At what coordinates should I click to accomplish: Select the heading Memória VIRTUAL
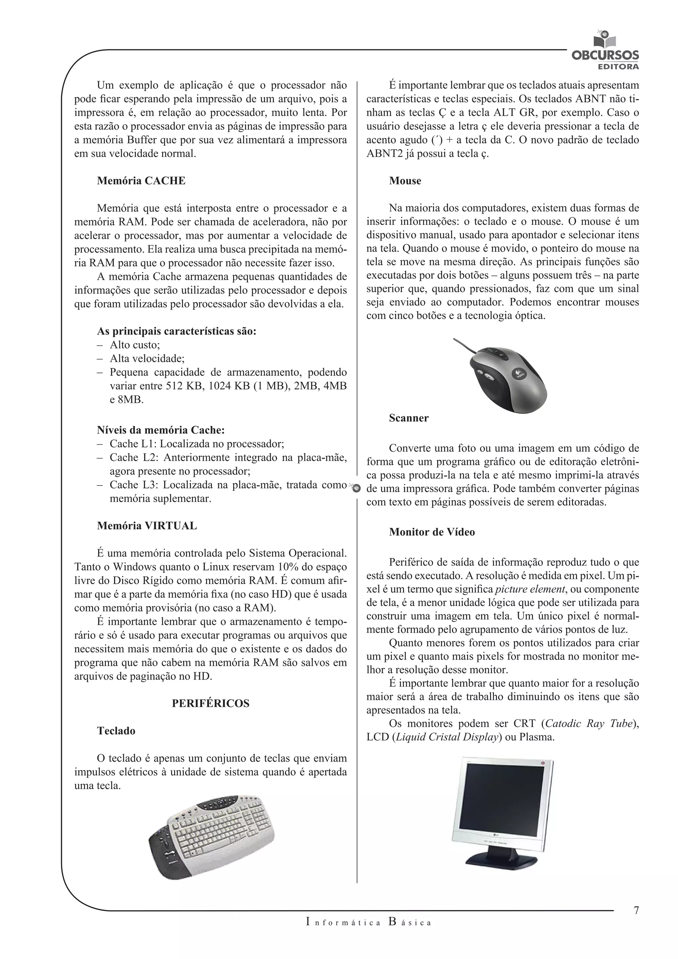point(147,526)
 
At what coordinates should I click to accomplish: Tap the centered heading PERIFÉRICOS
point(211,703)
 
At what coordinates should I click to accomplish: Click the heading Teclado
point(116,731)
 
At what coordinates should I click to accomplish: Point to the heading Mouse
point(405,181)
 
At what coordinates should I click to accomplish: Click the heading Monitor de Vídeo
point(432,532)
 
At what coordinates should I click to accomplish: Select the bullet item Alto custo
point(134,345)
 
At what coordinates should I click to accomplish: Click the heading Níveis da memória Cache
point(161,430)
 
